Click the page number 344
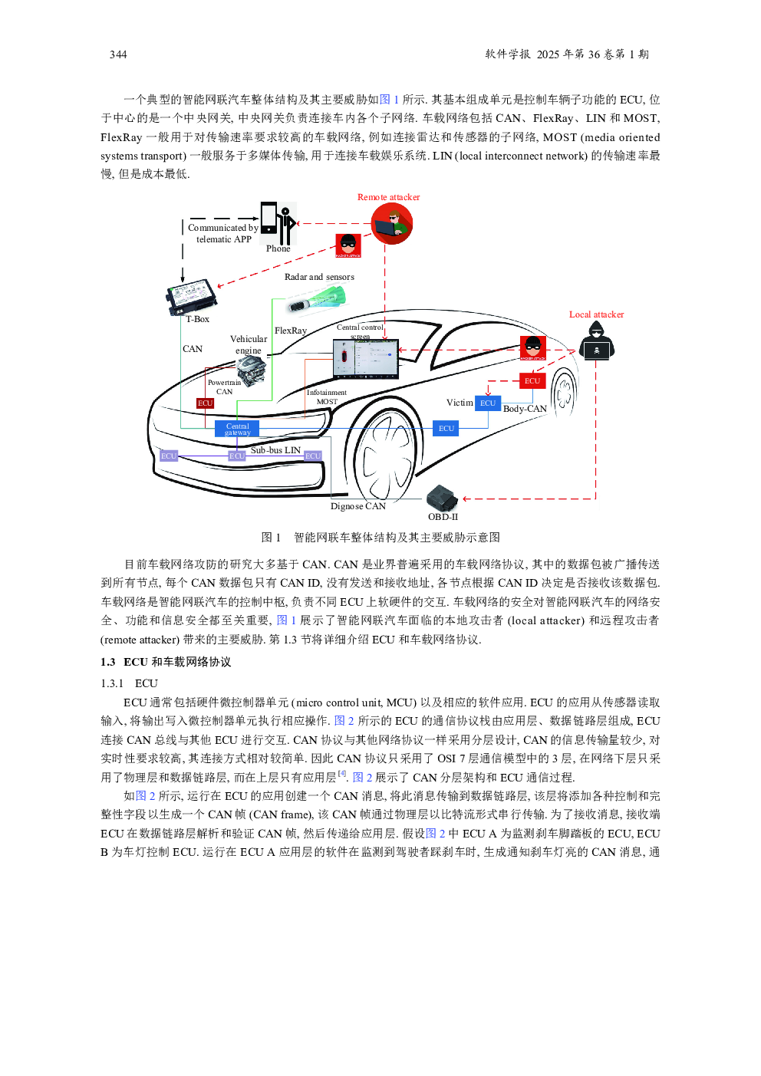(118, 54)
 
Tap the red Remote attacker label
(388, 197)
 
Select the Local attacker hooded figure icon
(596, 341)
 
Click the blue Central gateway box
(237, 429)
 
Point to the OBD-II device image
(442, 499)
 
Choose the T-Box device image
(192, 297)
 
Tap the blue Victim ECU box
(488, 403)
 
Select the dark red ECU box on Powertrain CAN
(205, 403)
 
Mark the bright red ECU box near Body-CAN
(532, 381)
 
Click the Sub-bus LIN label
(275, 450)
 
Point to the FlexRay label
(291, 331)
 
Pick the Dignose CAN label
(358, 506)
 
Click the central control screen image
(366, 359)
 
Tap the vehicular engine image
(252, 371)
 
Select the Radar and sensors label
(319, 277)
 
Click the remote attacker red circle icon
(391, 224)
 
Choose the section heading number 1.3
(108, 662)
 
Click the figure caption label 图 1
(271, 537)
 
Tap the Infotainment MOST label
(327, 397)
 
